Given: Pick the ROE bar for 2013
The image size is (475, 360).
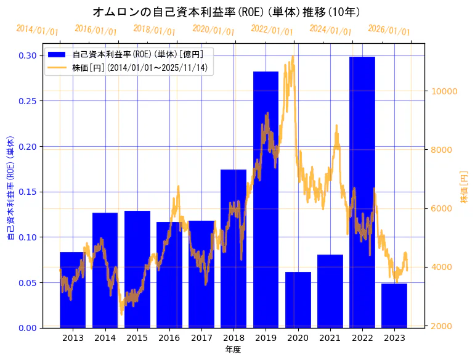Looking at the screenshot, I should [x=73, y=290].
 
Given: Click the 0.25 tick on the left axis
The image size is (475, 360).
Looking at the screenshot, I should [x=26, y=101].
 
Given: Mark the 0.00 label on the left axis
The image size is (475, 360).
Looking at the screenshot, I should [x=26, y=327].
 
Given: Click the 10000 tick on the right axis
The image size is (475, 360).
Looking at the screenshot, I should [x=444, y=91].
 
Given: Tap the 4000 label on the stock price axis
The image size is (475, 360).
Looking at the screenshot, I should [x=442, y=267].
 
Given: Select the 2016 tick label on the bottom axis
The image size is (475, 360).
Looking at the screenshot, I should [x=169, y=338].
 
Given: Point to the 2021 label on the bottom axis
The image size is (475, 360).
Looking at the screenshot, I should [x=330, y=338].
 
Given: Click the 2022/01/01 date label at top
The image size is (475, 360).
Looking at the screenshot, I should [x=272, y=30].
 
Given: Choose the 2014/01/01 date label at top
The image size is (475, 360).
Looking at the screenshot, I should [x=37, y=30].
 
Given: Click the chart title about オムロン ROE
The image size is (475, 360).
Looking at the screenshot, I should [x=226, y=12].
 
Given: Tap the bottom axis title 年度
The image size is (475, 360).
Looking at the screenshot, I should [x=233, y=350].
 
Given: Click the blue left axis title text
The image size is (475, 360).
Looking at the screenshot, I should [x=10, y=187].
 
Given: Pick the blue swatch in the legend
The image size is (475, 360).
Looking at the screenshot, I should [x=58, y=54].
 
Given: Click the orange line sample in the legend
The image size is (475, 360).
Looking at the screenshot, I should [x=58, y=67].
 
